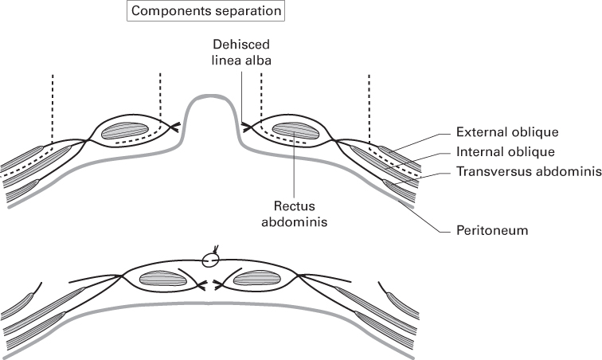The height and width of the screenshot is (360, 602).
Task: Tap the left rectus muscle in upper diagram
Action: [x=131, y=129]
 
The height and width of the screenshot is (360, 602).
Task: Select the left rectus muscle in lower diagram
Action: [x=162, y=278]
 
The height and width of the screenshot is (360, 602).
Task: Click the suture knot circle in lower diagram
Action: [x=209, y=260]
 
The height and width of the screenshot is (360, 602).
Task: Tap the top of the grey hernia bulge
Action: [x=211, y=100]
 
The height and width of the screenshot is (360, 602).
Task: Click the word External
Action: [x=479, y=132]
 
